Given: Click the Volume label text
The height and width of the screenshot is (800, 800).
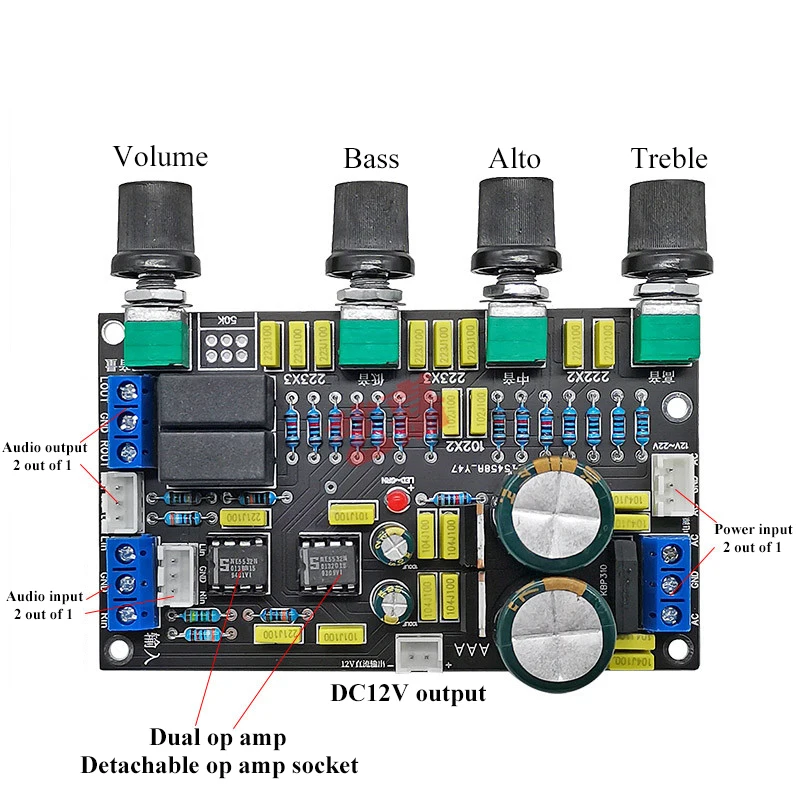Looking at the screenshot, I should tap(160, 157).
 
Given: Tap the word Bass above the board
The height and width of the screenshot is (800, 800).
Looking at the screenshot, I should tap(371, 159).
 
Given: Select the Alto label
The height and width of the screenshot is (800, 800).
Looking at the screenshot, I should tap(514, 159).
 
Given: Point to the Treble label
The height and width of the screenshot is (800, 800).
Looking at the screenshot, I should tap(669, 159).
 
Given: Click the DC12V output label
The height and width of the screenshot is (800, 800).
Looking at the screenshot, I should tap(409, 693).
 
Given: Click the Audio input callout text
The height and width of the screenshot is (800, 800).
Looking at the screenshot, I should tap(44, 605).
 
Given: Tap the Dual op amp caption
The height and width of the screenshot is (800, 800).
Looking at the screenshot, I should tap(218, 738).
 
